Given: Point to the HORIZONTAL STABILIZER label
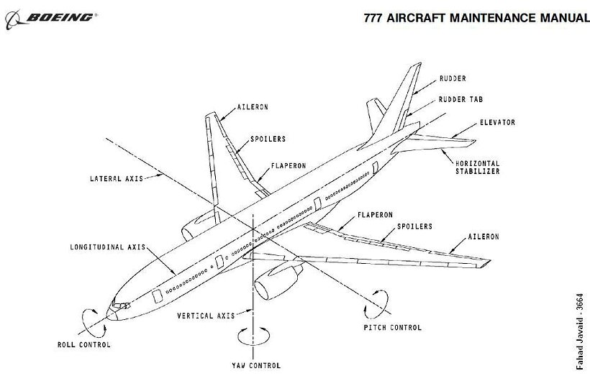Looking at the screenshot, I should [476, 167].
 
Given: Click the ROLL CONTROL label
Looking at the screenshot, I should [84, 345].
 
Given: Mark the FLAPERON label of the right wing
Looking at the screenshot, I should [373, 214].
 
